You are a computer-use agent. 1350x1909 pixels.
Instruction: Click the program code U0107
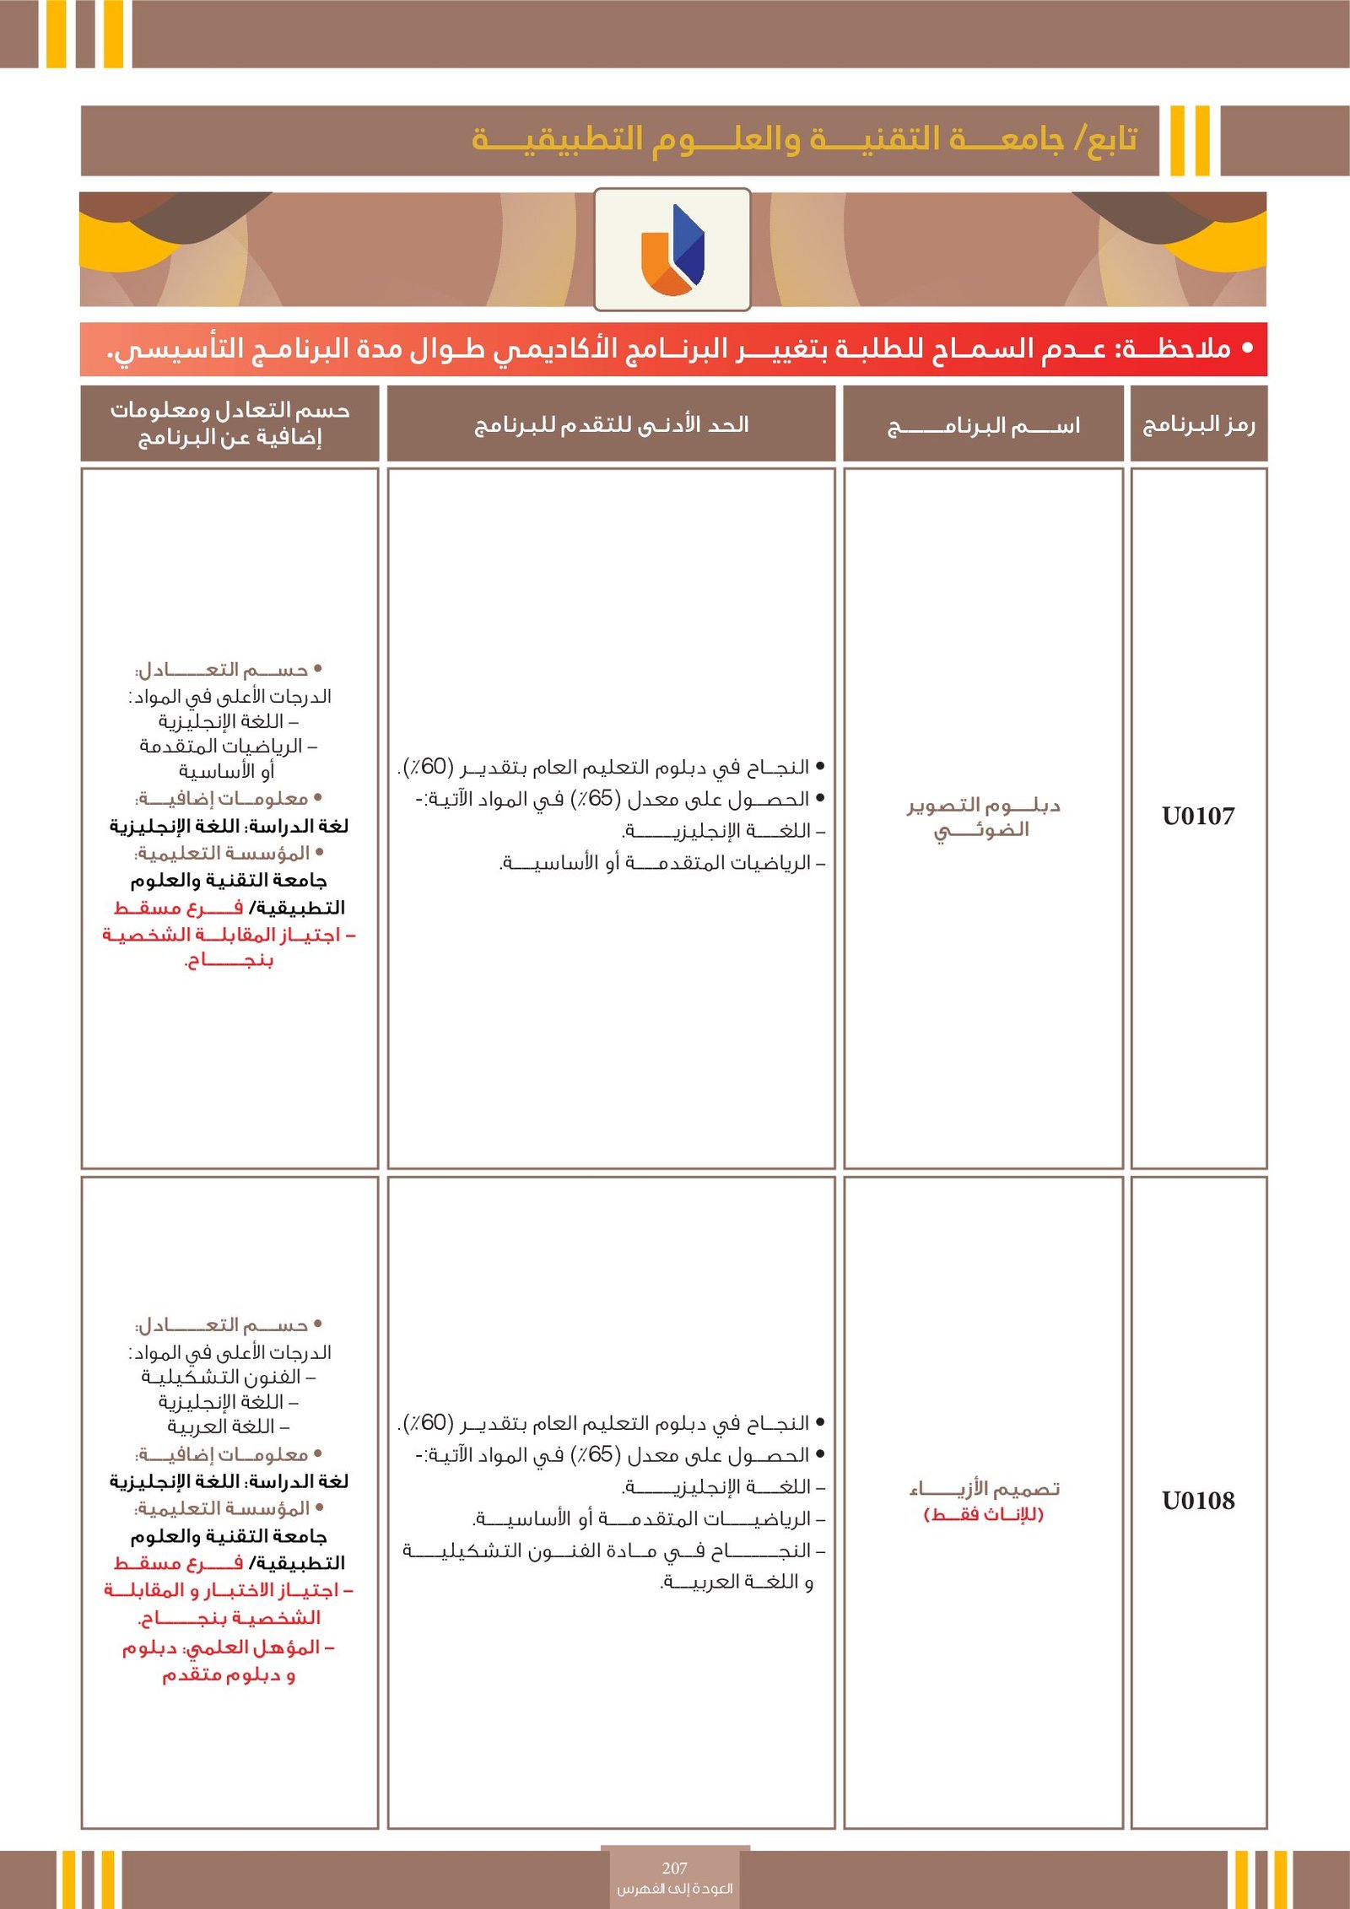click(x=1198, y=816)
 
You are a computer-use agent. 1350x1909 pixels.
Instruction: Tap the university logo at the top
click(x=672, y=249)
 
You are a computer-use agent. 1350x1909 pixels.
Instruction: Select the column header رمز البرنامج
click(x=1198, y=424)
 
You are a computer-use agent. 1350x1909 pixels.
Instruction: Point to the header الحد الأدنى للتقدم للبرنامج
click(x=612, y=424)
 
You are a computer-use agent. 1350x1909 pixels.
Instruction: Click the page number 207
click(x=674, y=1868)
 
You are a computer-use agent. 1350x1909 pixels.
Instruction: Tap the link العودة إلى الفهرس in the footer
click(x=674, y=1888)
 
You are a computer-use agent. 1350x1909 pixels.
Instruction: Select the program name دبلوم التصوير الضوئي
click(x=983, y=817)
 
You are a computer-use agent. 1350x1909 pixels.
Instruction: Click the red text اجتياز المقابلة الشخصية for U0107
click(x=229, y=935)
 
